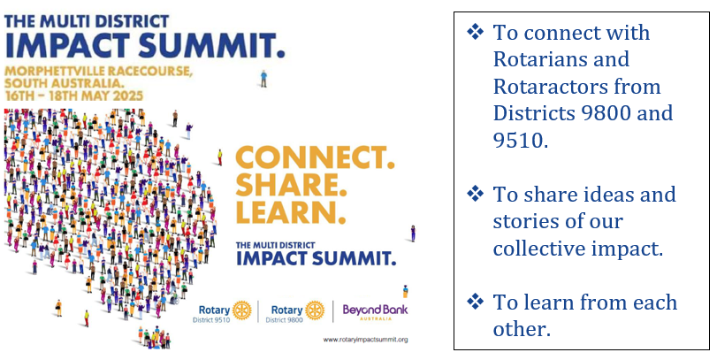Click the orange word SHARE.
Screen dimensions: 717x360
point(287,185)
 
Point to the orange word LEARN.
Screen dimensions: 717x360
point(290,212)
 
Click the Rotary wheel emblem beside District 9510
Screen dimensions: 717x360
point(242,310)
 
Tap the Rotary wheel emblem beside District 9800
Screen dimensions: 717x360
point(315,310)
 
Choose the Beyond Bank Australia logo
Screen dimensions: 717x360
point(376,311)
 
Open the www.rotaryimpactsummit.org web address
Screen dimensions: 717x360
point(365,340)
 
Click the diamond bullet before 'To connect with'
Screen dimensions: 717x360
point(475,32)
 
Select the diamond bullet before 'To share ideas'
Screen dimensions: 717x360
point(475,194)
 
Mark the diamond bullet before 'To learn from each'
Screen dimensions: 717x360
point(475,302)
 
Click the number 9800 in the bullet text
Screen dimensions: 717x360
point(599,113)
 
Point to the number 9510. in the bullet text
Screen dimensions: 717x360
point(521,140)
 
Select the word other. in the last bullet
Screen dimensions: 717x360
point(522,329)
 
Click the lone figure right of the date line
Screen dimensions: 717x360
point(263,78)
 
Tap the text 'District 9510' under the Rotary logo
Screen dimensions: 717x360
point(211,320)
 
